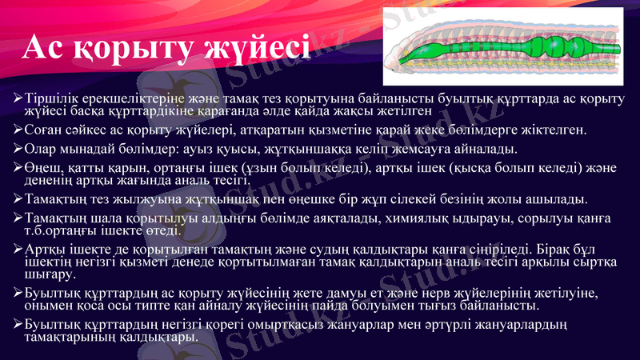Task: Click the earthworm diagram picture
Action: click(507, 48)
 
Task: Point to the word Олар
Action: click(42, 149)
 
